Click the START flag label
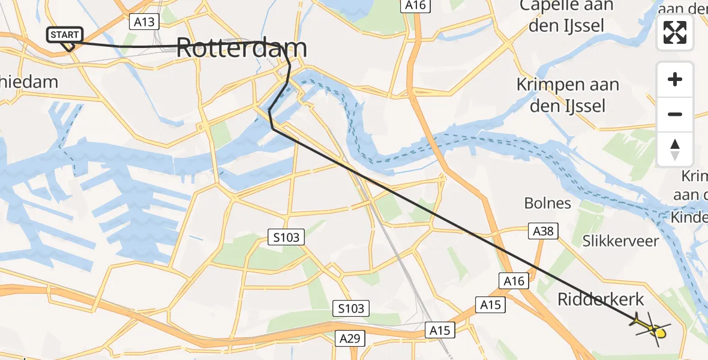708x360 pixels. [64, 35]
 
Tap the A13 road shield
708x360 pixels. [143, 22]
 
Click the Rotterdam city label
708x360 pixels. [242, 49]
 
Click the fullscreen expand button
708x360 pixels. [675, 32]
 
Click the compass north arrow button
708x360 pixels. [675, 149]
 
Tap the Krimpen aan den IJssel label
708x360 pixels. [568, 95]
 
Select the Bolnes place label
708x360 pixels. [547, 203]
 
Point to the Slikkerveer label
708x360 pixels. [620, 241]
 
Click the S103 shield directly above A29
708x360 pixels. [350, 309]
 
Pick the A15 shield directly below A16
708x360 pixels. [491, 305]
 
